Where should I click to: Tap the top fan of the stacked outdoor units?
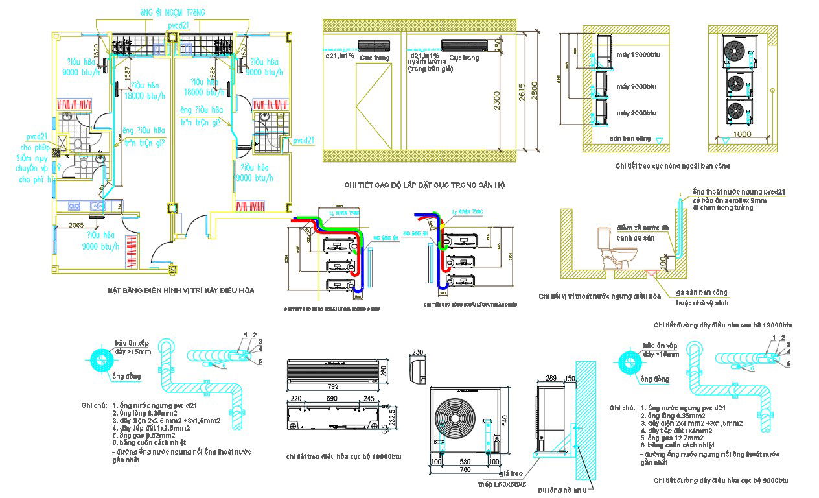coord(735,51)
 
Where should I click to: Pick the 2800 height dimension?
coord(535,89)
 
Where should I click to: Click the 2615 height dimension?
coord(522,94)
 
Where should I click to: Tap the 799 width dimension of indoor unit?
coord(331,386)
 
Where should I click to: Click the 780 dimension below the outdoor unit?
coord(461,470)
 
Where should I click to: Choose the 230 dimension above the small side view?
coord(417,353)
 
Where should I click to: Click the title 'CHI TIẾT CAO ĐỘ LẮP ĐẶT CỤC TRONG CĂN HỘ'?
coord(424,185)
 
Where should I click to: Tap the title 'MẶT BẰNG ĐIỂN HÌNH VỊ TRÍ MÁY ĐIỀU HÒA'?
coord(181,291)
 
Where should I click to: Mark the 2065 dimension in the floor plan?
coord(76,225)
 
